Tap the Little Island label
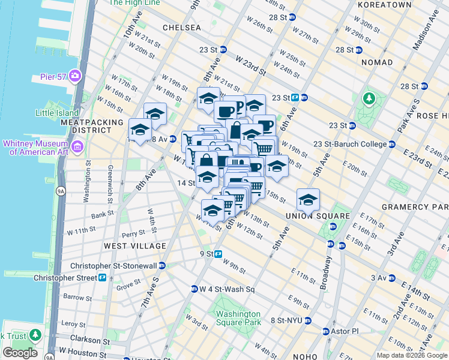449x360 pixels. click(x=57, y=113)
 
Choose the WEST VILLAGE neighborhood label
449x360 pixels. click(x=134, y=246)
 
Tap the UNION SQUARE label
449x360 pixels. click(x=309, y=216)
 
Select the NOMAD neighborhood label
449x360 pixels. click(x=376, y=62)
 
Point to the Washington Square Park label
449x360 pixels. click(x=238, y=318)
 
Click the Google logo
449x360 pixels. click(x=20, y=353)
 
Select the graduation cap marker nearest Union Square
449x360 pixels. click(x=308, y=199)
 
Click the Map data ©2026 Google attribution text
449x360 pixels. click(x=412, y=355)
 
